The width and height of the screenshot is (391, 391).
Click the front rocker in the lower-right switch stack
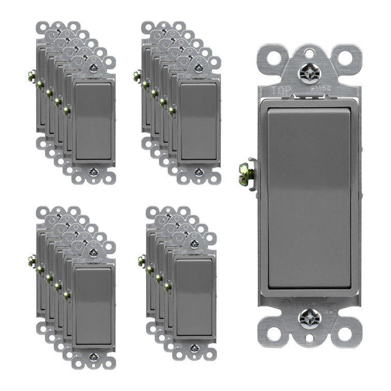click(194, 296)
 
